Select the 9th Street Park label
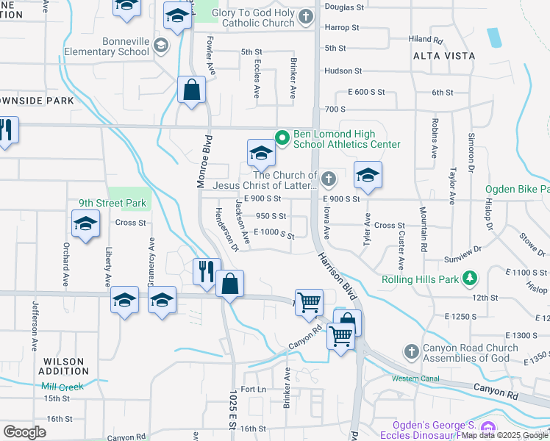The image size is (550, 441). pos(115,204)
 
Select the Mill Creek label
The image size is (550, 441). pos(63,387)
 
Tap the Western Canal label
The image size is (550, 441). pos(415,379)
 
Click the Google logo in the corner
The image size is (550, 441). pos(24,431)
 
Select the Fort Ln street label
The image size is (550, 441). pos(252,389)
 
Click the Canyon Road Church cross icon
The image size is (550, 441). pos(411,351)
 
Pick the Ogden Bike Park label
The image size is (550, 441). pos(517,189)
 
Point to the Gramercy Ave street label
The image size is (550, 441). pos(152,262)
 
